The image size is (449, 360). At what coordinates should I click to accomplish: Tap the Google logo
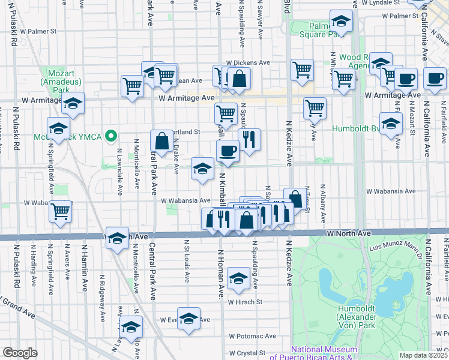[x=20, y=353]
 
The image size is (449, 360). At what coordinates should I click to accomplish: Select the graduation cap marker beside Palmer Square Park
[x=341, y=22]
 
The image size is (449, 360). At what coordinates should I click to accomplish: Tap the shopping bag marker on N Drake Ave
[x=161, y=142]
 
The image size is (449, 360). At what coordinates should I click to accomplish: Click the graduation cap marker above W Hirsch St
[x=239, y=278]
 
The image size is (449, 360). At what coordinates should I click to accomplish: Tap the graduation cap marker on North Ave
[x=117, y=238]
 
